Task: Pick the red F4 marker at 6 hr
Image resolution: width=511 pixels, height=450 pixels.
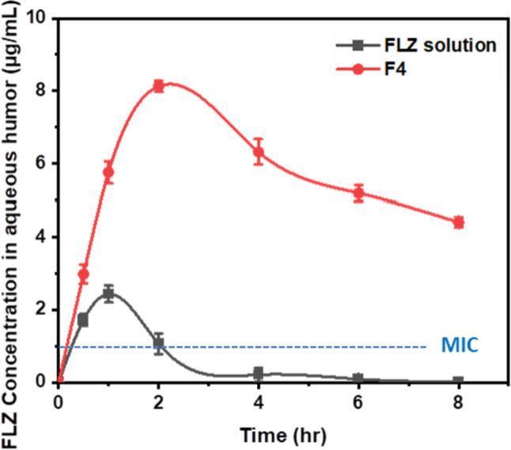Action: [x=358, y=193]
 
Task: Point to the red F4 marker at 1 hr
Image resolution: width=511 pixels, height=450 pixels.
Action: [x=109, y=172]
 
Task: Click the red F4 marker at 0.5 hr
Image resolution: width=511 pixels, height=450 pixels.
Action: [x=83, y=274]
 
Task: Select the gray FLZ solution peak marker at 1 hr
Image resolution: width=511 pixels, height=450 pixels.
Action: [x=109, y=293]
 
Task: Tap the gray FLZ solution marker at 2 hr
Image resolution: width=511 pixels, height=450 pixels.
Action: [x=159, y=342]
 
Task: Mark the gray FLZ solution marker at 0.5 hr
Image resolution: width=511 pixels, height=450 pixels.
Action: [x=83, y=320]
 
